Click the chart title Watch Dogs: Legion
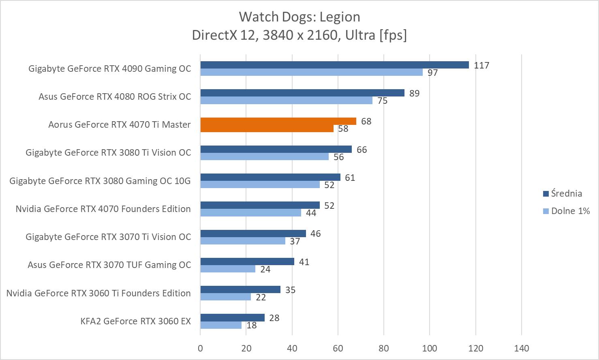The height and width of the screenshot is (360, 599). pyautogui.click(x=299, y=17)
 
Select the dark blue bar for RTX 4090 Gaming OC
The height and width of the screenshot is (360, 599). pyautogui.click(x=334, y=65)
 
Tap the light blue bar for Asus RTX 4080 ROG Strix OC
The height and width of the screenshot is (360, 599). pyautogui.click(x=286, y=101)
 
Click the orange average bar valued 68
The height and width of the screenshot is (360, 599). pyautogui.click(x=278, y=121)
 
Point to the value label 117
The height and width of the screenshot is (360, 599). pyautogui.click(x=481, y=65)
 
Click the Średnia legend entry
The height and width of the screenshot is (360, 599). pyautogui.click(x=566, y=193)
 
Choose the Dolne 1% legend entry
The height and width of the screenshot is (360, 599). pyautogui.click(x=570, y=211)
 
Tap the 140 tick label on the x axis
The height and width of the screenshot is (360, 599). pyautogui.click(x=521, y=348)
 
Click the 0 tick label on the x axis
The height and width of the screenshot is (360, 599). pyautogui.click(x=200, y=348)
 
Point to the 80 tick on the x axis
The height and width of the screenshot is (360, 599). pyautogui.click(x=383, y=348)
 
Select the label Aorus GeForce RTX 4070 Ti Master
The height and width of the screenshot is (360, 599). pyautogui.click(x=119, y=125)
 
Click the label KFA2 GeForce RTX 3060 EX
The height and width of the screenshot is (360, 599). pyautogui.click(x=135, y=321)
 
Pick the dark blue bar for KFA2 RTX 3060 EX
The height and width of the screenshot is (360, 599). pyautogui.click(x=232, y=317)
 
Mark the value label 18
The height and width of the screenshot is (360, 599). pyautogui.click(x=251, y=325)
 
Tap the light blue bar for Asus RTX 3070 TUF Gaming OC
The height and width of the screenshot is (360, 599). pyautogui.click(x=228, y=269)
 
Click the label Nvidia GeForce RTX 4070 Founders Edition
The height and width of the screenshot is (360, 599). pyautogui.click(x=103, y=209)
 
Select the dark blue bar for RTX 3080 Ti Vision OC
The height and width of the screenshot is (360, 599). pyautogui.click(x=276, y=149)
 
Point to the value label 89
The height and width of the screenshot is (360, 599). pyautogui.click(x=414, y=93)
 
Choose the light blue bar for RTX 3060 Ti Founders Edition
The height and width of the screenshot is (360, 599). pyautogui.click(x=225, y=297)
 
